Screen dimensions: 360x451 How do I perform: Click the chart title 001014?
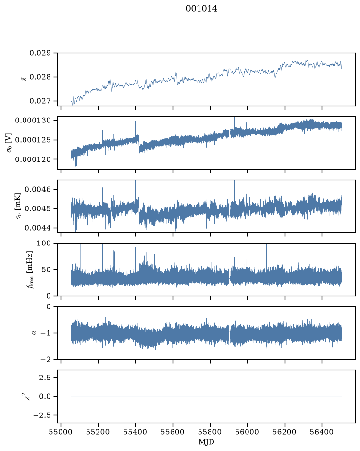(x=201, y=9)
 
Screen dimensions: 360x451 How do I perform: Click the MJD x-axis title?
(x=206, y=442)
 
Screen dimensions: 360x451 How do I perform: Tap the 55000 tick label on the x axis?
(x=61, y=432)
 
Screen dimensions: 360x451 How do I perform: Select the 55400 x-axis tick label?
(x=135, y=432)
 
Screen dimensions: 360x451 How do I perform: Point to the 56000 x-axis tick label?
(x=247, y=432)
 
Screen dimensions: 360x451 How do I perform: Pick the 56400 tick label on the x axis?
(x=322, y=432)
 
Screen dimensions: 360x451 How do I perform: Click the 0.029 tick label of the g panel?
(x=40, y=53)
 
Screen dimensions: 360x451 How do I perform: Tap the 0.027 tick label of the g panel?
(x=40, y=101)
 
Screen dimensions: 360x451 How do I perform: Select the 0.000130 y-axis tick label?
(x=33, y=120)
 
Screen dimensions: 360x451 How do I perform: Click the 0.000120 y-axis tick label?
(x=33, y=159)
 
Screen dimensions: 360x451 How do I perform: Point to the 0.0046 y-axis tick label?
(x=37, y=189)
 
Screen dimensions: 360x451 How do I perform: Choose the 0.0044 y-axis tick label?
(x=37, y=228)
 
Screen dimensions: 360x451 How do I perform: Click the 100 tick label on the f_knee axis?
(x=44, y=244)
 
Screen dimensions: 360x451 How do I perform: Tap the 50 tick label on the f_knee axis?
(x=46, y=270)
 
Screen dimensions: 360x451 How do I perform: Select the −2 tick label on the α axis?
(x=46, y=360)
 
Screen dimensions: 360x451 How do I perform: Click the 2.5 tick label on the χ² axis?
(x=45, y=378)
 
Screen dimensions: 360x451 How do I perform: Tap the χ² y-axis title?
(x=26, y=396)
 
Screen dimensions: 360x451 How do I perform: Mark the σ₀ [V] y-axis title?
(x=9, y=143)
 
